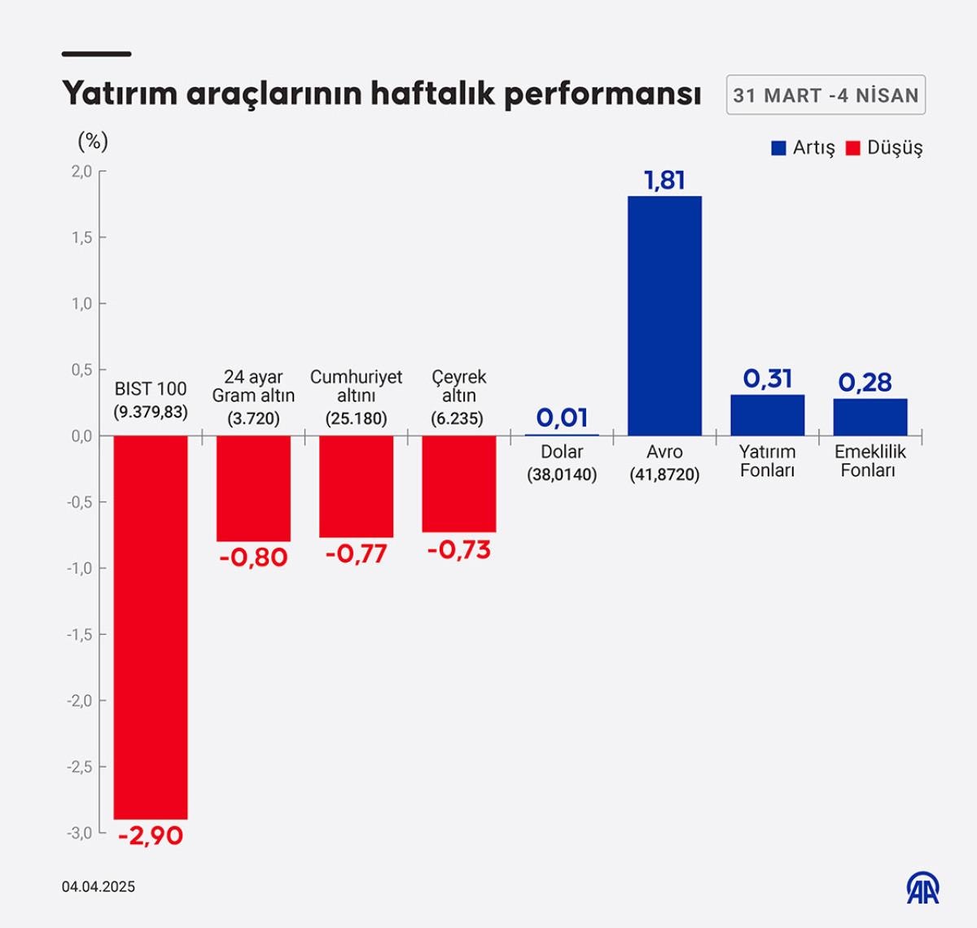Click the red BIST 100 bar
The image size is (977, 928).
(x=151, y=627)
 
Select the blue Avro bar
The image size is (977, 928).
(x=664, y=316)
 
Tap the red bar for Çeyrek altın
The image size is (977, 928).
(x=458, y=484)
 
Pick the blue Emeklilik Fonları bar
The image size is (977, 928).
(x=870, y=417)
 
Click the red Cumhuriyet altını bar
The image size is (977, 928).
(x=356, y=486)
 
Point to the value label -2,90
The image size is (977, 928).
(x=151, y=835)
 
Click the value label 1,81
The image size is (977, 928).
(x=664, y=180)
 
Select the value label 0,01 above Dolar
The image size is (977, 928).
(x=562, y=418)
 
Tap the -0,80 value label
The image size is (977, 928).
(x=253, y=558)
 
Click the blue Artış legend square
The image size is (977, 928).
(x=779, y=148)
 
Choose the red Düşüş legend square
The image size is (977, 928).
(x=853, y=148)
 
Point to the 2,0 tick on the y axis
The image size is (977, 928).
(x=81, y=171)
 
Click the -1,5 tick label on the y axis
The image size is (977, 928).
(x=80, y=634)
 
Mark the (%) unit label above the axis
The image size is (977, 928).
(x=93, y=142)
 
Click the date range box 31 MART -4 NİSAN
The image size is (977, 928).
(x=826, y=95)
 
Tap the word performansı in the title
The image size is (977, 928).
(x=602, y=94)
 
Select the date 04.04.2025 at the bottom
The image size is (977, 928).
(x=99, y=886)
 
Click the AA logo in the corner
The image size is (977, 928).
(x=923, y=888)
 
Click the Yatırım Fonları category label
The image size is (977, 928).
(x=767, y=461)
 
